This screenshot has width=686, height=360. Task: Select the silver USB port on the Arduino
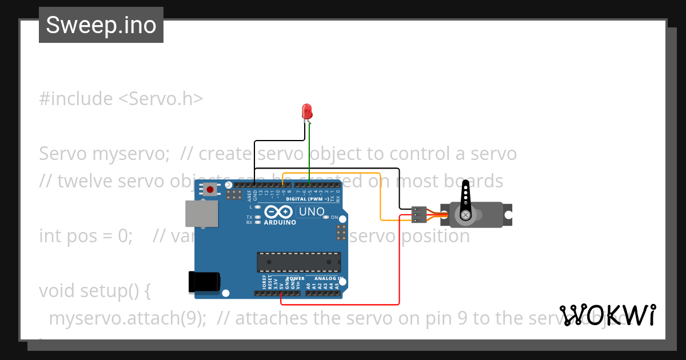point(202,214)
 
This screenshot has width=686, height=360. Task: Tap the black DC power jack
point(204,282)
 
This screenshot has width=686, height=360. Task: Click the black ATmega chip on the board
point(298,262)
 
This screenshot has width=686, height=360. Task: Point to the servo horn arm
point(466,198)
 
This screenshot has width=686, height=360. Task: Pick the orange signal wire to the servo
point(381,194)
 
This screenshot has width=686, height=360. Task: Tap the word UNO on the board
point(311,212)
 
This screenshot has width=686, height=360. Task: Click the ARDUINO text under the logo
point(280,222)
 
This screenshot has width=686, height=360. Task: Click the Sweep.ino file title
point(101,25)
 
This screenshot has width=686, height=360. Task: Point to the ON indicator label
point(334,217)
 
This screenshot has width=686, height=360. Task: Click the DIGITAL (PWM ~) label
point(307,199)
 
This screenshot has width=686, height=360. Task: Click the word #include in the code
point(76,99)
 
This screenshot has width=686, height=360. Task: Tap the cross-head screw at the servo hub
point(466,215)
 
